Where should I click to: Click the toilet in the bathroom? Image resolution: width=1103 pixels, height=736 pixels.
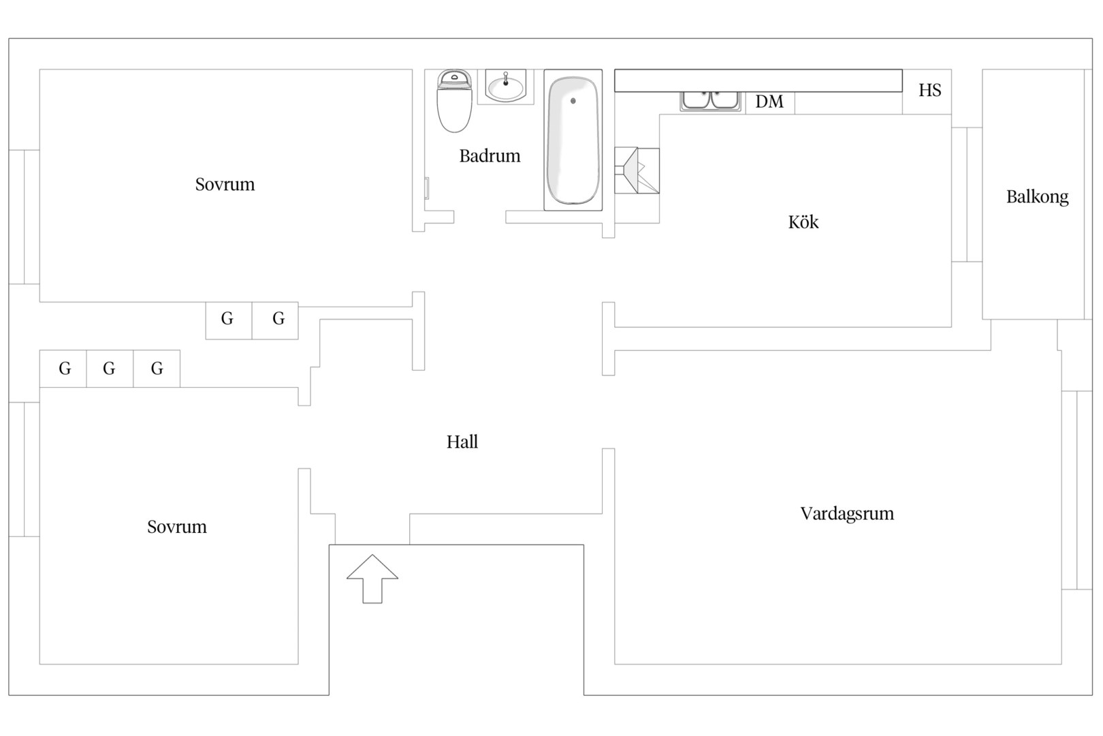pos(454,101)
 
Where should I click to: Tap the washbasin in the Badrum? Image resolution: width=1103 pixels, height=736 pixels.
pos(505,87)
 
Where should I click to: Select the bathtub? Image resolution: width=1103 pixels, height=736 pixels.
pos(573,140)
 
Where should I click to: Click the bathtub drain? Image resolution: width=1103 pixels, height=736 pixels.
pos(573,101)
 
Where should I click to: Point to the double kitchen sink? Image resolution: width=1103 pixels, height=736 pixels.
pos(711,101)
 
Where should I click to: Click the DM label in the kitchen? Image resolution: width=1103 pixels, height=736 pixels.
pos(769,102)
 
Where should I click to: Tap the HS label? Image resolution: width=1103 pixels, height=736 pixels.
pos(929,90)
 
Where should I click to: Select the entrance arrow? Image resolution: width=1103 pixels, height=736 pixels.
pos(372,579)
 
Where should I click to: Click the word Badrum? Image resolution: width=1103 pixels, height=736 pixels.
pos(490,156)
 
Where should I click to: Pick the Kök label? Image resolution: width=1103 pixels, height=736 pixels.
pos(803,222)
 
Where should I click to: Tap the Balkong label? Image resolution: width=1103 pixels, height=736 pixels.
pos(1037,197)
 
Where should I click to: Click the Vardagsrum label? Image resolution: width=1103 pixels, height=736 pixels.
pos(847,514)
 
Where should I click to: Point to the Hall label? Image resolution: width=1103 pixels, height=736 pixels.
pos(462,442)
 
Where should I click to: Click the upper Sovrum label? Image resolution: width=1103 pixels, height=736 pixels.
pos(225,185)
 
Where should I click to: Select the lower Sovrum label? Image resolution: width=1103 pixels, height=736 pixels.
pos(177,527)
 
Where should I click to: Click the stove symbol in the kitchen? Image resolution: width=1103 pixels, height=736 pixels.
pos(637,170)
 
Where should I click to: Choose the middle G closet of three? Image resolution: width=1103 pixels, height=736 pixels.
pos(110,369)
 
